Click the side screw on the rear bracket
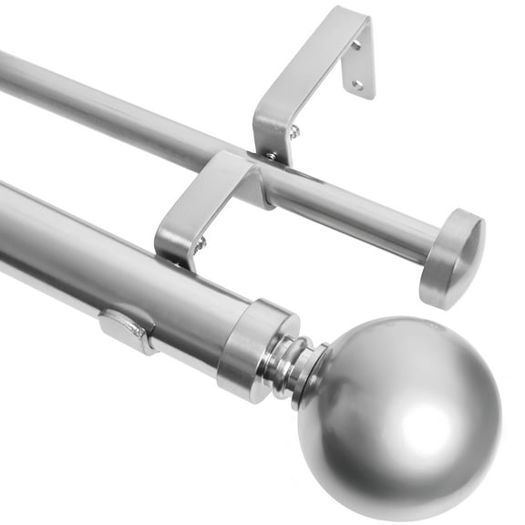[293, 132]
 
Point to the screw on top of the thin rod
[272, 156]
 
